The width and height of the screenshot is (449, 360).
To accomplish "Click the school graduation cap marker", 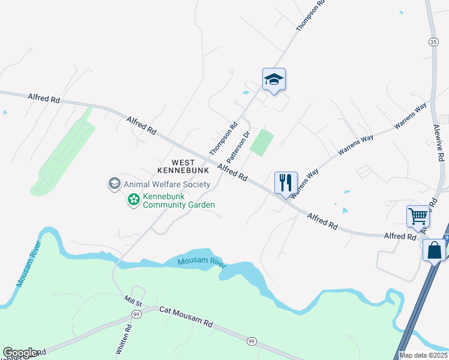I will tap(274, 80).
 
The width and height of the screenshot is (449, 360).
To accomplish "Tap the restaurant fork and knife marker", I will tap(286, 182).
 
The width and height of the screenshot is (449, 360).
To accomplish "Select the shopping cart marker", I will tap(417, 216).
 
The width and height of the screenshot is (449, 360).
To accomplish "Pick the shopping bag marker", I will tap(434, 250).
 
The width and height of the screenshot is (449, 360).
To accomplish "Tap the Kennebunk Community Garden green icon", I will tap(133, 200).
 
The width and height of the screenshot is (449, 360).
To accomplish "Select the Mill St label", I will tap(134, 304).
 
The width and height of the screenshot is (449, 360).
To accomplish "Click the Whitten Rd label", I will tap(127, 340).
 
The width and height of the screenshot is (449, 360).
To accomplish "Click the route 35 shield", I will tap(433, 41).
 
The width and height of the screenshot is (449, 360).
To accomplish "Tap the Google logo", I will tap(20, 353).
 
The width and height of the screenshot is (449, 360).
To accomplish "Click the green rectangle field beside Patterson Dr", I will tap(262, 143).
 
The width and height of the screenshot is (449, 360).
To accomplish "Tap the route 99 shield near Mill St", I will tap(136, 314).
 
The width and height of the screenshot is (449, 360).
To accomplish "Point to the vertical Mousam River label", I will tap(28, 265).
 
